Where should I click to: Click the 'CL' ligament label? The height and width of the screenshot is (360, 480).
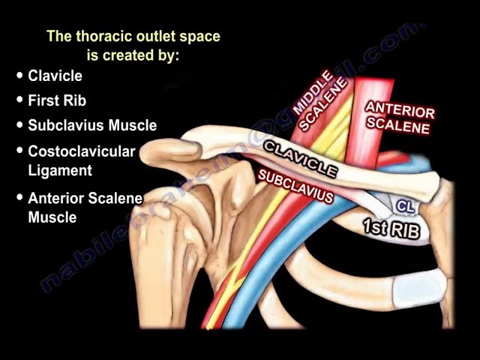tap(405, 205)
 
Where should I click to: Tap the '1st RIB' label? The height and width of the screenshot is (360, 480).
tap(391, 228)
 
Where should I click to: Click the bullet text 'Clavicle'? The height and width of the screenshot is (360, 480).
tap(55, 76)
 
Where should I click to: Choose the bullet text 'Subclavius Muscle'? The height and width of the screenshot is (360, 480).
tap(92, 125)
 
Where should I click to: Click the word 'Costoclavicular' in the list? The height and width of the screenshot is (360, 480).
tap(82, 151)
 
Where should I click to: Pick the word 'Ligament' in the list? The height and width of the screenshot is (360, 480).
tap(60, 171)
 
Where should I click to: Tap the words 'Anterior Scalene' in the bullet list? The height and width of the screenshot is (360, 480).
tap(85, 199)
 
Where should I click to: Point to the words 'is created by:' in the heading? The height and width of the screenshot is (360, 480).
tap(134, 55)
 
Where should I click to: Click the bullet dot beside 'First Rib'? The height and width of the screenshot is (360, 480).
tap(19, 100)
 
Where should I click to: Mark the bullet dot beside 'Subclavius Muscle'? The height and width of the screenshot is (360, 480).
tap(19, 125)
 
